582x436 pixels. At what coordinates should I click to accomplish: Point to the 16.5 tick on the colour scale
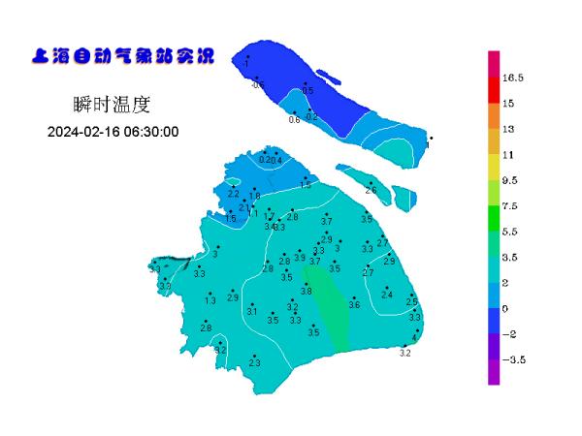point(513,78)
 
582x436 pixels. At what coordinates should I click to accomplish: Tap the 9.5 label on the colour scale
point(511,180)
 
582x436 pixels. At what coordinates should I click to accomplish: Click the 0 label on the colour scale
point(505,308)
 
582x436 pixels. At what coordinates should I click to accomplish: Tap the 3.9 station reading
point(300,258)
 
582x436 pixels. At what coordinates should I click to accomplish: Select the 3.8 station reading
point(307,291)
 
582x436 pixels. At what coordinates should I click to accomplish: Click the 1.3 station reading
point(210,301)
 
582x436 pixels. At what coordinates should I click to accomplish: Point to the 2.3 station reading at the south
point(255,362)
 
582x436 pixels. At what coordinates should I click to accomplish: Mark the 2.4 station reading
point(387,295)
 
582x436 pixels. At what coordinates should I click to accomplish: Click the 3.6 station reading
point(354,305)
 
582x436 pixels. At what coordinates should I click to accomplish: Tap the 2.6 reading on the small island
point(371,191)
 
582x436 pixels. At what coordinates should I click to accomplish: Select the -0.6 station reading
point(257,85)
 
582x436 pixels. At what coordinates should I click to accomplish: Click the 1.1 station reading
point(254,215)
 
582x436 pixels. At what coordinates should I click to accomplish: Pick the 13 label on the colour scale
point(508,129)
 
